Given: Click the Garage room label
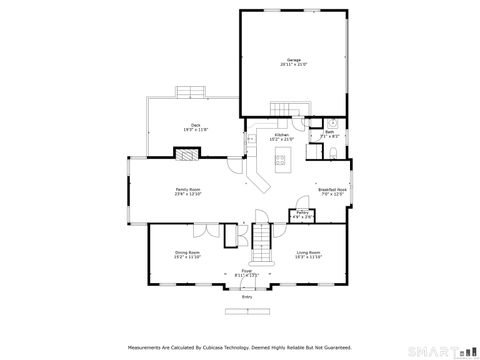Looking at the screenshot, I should (294, 62).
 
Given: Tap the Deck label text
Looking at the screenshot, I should (182, 127).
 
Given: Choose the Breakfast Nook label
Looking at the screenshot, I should (332, 190).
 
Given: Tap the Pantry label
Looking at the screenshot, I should (303, 214).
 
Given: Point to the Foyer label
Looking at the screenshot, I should (246, 271).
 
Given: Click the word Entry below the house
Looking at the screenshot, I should (246, 297).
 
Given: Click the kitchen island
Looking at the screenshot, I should (282, 157).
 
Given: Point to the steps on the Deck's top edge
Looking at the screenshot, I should (189, 92).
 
